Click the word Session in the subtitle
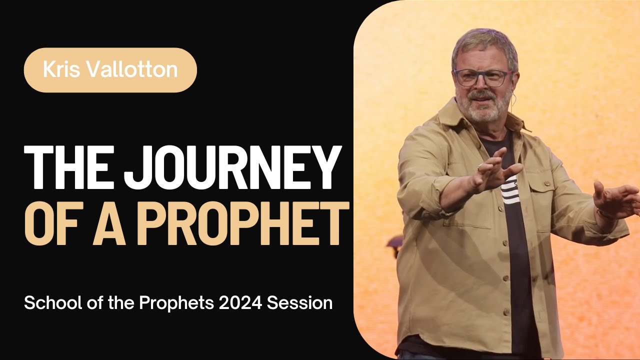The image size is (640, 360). [x=306, y=302]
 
